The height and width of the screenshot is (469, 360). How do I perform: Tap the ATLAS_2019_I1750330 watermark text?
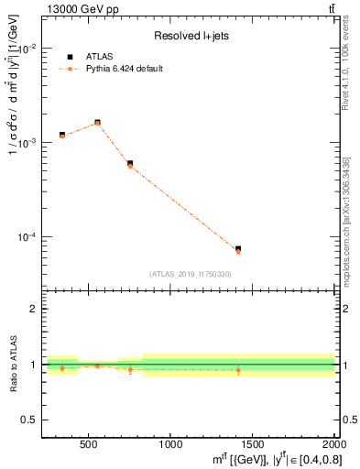(191, 274)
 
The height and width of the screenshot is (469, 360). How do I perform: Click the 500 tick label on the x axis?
(89, 444)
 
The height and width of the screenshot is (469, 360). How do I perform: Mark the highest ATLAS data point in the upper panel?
(97, 122)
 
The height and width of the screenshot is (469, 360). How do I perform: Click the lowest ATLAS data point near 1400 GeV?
(238, 248)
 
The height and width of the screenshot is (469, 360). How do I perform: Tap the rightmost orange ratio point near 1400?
(238, 370)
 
